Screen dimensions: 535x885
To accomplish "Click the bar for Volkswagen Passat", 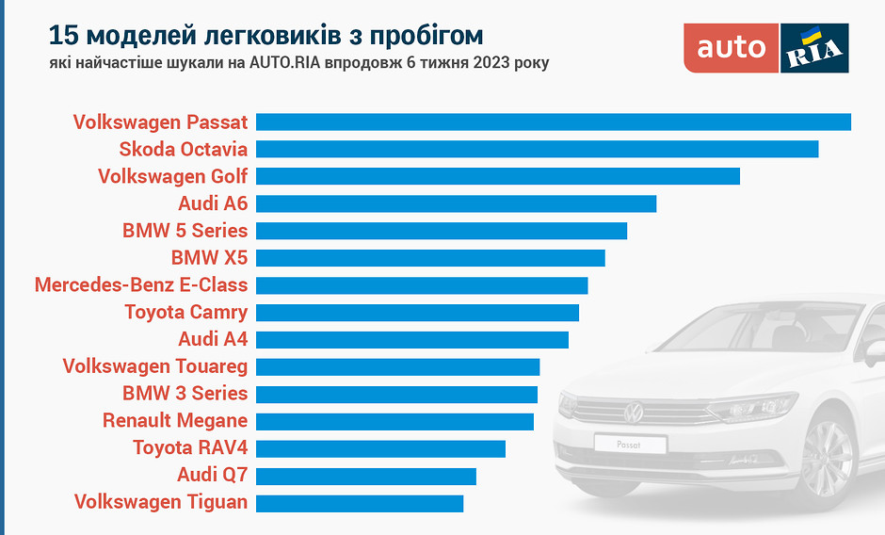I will point(554,122).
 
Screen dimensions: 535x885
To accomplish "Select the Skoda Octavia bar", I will point(537,149).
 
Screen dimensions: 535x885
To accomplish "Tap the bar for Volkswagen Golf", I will point(497,176).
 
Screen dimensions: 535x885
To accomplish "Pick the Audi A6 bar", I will point(456,203).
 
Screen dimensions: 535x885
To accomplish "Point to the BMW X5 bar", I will point(430,258).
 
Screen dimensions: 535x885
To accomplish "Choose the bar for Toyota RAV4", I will point(380,447).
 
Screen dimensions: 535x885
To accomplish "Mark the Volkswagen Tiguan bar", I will point(360,502).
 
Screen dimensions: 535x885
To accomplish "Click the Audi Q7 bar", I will point(365,475).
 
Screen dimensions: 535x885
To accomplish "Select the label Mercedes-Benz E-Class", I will point(141,284).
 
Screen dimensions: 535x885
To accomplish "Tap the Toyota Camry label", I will point(186,312).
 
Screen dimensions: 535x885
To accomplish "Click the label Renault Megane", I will point(175,420).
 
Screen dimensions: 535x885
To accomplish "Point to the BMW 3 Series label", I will point(185,393).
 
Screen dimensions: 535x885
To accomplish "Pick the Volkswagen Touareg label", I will point(155,366).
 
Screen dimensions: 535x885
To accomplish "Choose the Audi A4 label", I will point(213,339).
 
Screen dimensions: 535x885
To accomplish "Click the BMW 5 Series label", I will point(185,231).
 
